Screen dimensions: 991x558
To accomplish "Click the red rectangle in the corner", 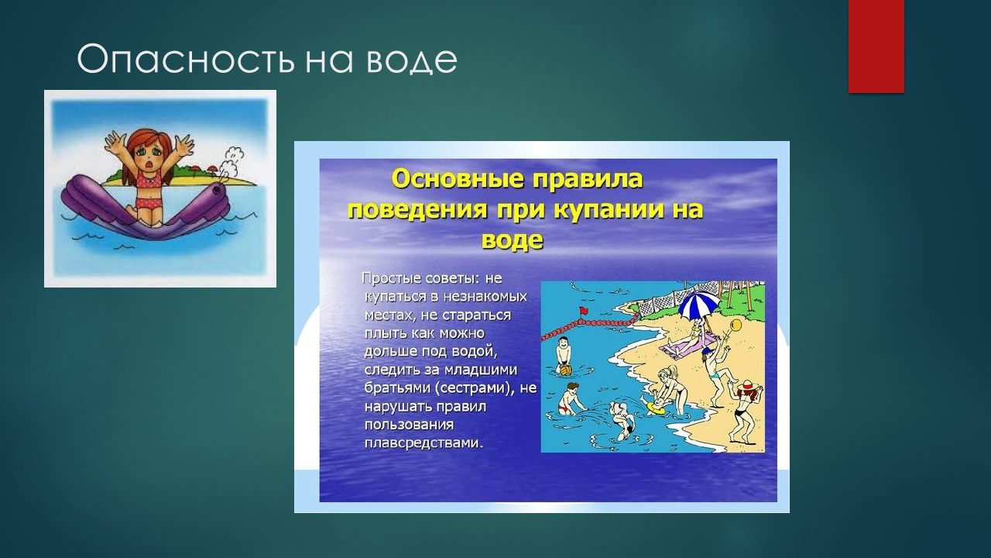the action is click(876, 46).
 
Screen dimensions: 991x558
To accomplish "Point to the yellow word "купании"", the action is click(608, 210).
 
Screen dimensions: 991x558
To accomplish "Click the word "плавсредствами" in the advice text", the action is click(423, 443).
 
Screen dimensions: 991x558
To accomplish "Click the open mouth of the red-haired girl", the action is click(151, 164).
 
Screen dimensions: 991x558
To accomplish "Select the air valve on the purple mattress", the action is click(216, 191).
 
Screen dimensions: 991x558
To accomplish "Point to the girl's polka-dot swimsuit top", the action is click(149, 181).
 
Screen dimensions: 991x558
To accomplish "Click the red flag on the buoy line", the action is click(584, 311).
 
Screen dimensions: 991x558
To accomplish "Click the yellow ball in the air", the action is click(736, 325).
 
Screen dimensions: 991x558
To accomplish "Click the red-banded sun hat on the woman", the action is click(748, 385).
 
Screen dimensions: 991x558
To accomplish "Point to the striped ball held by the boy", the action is click(565, 370).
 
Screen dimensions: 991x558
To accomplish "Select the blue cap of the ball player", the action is click(707, 351).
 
